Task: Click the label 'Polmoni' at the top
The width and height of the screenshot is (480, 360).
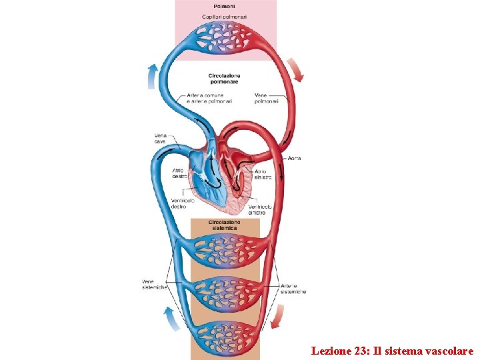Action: point(225,6)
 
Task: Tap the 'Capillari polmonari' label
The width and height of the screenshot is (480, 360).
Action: point(225,16)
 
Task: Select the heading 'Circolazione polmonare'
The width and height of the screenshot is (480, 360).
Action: point(225,79)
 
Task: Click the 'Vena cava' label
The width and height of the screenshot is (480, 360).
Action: point(161,139)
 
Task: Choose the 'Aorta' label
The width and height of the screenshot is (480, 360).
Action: point(294,158)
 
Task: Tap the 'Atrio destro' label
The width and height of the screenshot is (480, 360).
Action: point(179,173)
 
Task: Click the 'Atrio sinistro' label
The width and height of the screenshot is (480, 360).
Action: point(263,175)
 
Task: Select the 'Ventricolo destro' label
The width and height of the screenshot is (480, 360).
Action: point(183,203)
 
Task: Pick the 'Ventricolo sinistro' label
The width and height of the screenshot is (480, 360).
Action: point(260,210)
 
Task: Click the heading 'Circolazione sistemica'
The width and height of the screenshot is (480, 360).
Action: point(225,225)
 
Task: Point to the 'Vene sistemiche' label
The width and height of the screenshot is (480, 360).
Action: point(155,284)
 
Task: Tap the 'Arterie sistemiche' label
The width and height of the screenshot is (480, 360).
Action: point(293,289)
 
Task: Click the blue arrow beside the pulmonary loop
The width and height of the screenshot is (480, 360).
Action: point(153,75)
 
